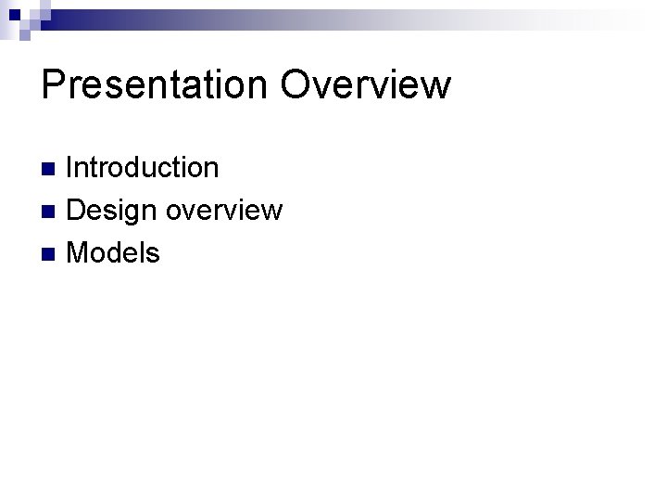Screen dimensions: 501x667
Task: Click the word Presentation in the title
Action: click(x=154, y=84)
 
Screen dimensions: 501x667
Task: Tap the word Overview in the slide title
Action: click(x=365, y=84)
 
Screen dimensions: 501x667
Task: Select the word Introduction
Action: click(x=143, y=168)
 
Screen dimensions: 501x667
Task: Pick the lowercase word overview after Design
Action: click(x=223, y=211)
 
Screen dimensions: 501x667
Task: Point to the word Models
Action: click(x=113, y=252)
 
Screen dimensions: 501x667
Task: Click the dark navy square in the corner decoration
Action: click(x=15, y=14)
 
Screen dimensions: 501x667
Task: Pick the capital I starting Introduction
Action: click(x=71, y=168)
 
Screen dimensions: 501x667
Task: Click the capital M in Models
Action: click(x=81, y=252)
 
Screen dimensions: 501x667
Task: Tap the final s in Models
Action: click(x=153, y=253)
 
